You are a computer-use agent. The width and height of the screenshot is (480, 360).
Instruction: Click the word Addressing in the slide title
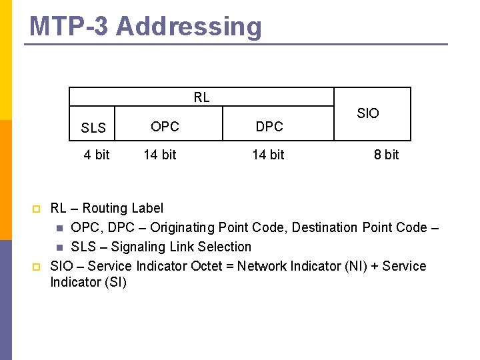click(x=189, y=27)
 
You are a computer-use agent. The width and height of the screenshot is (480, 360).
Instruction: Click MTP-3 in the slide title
click(x=69, y=27)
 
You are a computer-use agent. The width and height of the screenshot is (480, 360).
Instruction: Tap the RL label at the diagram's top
click(x=201, y=97)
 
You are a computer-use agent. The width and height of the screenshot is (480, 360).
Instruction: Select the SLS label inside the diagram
click(x=93, y=128)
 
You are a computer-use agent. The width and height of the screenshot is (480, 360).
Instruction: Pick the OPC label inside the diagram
click(x=165, y=126)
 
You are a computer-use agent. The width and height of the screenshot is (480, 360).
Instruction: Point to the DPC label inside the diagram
click(x=269, y=127)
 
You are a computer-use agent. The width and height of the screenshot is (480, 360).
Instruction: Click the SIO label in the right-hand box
click(x=367, y=113)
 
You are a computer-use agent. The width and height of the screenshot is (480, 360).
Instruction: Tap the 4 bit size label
click(x=97, y=155)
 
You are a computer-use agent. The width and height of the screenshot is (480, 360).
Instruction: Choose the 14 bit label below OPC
click(x=160, y=155)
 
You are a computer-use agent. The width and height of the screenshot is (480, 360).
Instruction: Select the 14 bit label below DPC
click(x=268, y=155)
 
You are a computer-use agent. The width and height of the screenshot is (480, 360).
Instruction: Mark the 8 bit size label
click(x=386, y=155)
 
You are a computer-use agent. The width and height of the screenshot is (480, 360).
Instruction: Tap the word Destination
click(x=325, y=227)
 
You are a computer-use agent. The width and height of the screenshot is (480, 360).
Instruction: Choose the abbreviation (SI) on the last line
click(x=115, y=282)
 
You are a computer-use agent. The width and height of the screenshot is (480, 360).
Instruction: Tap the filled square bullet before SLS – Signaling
click(x=59, y=247)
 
